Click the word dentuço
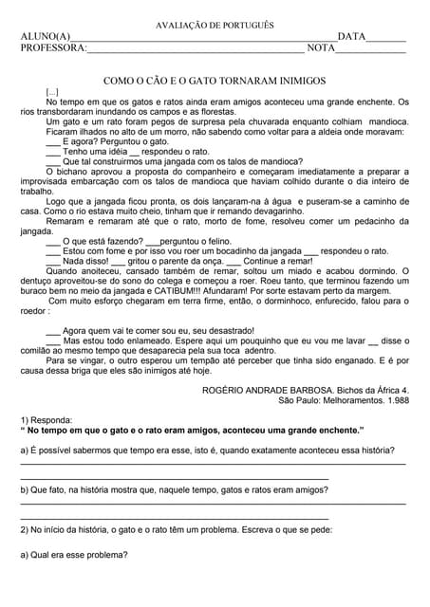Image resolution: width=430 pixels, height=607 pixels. coord(38,281)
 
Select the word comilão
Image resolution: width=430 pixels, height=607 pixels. coord(39,351)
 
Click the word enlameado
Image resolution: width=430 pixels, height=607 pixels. coord(136,340)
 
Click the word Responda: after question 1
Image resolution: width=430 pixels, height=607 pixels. coord(52,418)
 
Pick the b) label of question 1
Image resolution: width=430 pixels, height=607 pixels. coord(26,489)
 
